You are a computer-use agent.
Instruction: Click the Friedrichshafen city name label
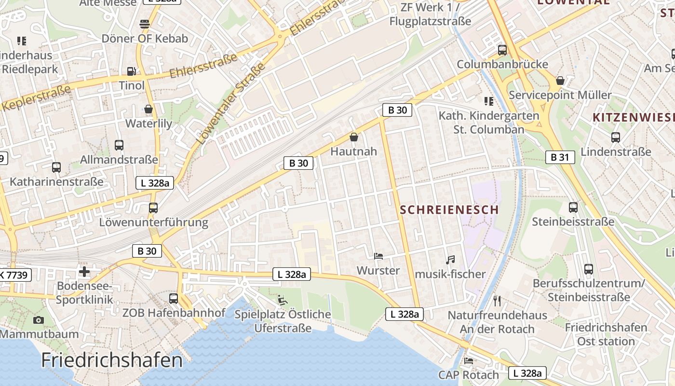[112, 360]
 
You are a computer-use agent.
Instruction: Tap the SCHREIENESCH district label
[449, 210]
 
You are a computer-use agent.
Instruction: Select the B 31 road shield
[560, 157]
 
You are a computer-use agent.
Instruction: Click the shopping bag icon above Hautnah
[354, 138]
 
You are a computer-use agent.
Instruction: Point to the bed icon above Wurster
[378, 256]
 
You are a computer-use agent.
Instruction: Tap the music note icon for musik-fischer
[450, 260]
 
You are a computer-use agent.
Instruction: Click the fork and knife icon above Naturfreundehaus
[497, 301]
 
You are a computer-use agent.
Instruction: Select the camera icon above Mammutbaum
[39, 320]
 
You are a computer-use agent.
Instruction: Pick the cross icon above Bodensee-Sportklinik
[84, 272]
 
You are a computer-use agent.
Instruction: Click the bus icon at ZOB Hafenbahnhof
[174, 299]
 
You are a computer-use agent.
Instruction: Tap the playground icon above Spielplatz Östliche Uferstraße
[283, 300]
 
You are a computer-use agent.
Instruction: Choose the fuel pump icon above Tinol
[132, 71]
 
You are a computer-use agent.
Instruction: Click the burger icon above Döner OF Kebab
[145, 24]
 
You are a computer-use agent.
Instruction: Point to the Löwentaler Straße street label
[231, 104]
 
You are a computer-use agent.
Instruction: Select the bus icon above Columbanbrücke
[502, 50]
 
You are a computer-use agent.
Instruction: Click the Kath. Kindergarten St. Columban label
[489, 123]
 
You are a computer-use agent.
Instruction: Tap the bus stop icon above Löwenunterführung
[153, 208]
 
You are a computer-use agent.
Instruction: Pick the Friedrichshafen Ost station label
[606, 334]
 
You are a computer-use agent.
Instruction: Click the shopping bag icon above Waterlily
[148, 110]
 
